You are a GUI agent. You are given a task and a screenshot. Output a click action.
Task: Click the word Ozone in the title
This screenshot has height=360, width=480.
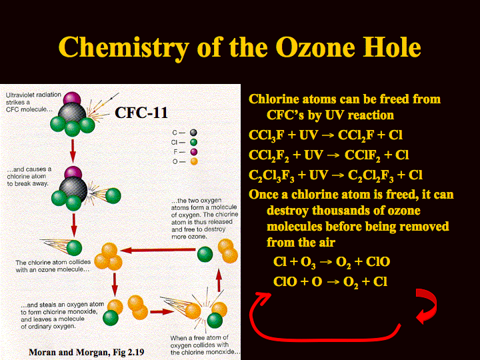point(315,47)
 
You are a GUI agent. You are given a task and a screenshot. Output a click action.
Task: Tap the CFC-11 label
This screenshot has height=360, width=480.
point(141,113)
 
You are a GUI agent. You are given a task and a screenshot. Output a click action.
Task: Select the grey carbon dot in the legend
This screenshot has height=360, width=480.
point(193,133)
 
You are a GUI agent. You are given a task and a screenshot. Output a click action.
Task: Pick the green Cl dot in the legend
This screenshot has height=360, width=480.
point(193,143)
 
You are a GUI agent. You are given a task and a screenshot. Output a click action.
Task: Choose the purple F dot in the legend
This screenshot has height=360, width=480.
point(193,152)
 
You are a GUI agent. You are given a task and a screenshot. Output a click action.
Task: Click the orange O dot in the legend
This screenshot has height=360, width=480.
point(194,161)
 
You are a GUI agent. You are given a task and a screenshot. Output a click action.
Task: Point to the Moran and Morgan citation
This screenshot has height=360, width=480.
point(86,353)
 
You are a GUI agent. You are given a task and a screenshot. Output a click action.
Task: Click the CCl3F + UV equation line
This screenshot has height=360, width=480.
point(325,135)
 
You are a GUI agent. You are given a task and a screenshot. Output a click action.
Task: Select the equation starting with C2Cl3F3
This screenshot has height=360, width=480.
point(335,175)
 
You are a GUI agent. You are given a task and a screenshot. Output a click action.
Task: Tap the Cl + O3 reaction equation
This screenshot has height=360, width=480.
point(331,262)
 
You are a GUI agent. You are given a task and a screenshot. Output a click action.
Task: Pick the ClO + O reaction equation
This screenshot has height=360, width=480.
point(330,281)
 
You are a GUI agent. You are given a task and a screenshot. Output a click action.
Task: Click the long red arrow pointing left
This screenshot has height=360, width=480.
point(158,251)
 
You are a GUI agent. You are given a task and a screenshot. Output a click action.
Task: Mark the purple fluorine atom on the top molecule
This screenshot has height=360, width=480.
point(72,99)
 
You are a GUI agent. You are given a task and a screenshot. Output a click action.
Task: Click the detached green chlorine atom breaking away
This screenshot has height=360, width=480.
point(113,195)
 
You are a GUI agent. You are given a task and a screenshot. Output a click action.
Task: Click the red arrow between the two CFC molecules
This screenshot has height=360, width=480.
point(73,151)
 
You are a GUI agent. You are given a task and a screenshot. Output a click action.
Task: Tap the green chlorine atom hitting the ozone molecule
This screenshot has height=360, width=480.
point(75,247)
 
